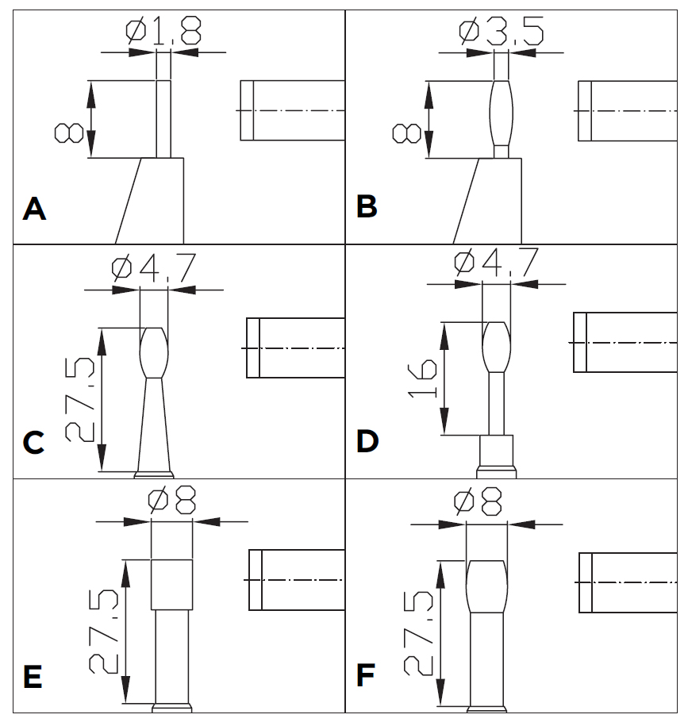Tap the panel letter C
coord(33,442)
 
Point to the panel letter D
coord(367,440)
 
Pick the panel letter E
coord(33,678)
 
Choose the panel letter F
coord(367,677)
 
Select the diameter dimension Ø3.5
coord(502,32)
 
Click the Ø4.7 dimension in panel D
coord(497,263)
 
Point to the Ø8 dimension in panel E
coord(172,501)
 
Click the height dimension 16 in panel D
coord(426,378)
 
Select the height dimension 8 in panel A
coord(69,131)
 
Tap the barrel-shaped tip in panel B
coord(502,111)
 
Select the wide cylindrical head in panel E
coord(171,584)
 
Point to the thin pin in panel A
coord(163,118)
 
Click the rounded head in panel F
coord(486,586)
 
